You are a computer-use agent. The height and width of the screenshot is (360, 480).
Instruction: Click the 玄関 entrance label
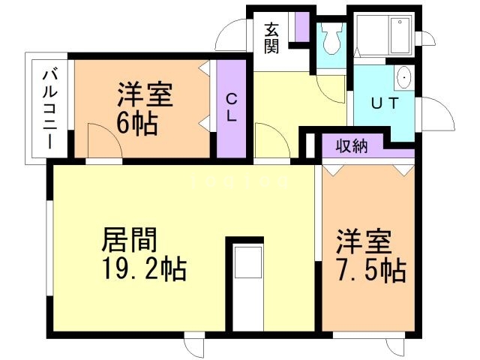[272, 38]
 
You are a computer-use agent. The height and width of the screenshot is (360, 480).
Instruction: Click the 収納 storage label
[352, 145]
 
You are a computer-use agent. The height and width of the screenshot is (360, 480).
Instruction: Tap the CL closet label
[232, 108]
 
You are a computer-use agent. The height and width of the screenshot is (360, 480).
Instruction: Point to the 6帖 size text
[136, 123]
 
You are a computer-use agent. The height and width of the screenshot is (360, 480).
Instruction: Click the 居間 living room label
[129, 241]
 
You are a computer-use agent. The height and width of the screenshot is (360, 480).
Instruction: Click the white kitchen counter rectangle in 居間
[245, 285]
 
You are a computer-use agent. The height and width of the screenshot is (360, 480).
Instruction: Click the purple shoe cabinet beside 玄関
[301, 25]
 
